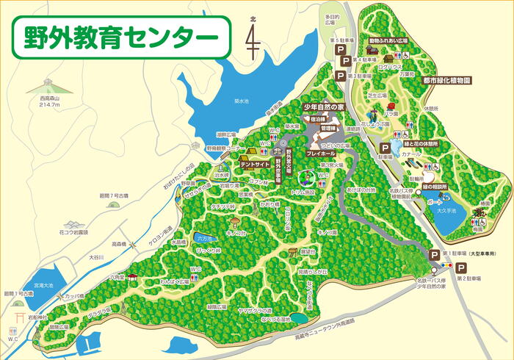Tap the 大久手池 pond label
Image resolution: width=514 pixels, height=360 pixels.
(467, 211)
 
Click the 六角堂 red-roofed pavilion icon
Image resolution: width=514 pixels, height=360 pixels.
(131, 277)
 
